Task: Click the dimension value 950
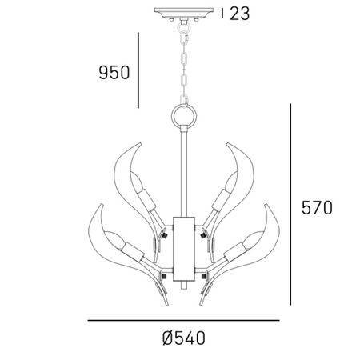tap(113, 73)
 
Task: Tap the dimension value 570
tap(318, 208)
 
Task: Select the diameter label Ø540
tap(183, 338)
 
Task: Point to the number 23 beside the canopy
tap(240, 14)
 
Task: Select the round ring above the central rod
tap(184, 117)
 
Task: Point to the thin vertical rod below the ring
tap(184, 172)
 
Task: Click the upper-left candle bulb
tap(145, 192)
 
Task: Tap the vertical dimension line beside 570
tap(290, 208)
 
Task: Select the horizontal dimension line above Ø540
tap(183, 321)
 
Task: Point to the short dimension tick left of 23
tap(222, 14)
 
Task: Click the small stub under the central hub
tap(184, 283)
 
